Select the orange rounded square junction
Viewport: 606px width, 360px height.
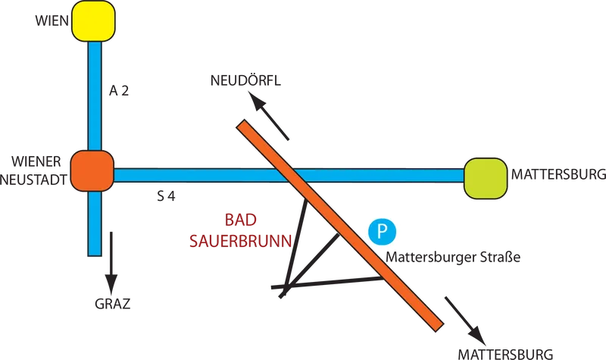pyautogui.click(x=92, y=170)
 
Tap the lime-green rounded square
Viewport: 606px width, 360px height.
pyautogui.click(x=485, y=178)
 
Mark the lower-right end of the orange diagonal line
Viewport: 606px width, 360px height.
pyautogui.click(x=437, y=326)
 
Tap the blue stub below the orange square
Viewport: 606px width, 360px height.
pyautogui.click(x=94, y=224)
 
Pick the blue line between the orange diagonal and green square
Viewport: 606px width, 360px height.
pyautogui.click(x=379, y=176)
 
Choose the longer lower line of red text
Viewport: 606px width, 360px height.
pyautogui.click(x=239, y=242)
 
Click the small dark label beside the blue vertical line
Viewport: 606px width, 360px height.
pyautogui.click(x=121, y=92)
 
